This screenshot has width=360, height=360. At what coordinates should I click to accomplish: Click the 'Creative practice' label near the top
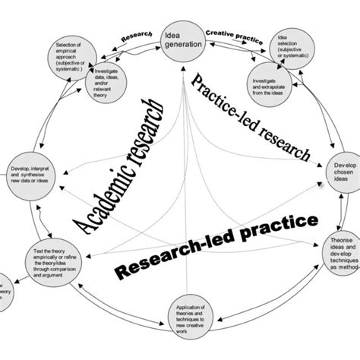(x=229, y=35)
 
